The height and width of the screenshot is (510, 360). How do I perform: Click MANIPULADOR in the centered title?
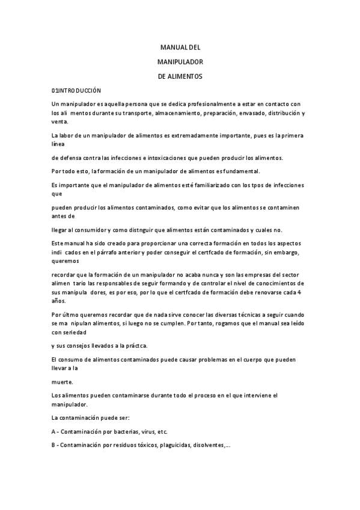180,62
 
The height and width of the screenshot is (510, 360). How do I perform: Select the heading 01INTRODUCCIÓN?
76,90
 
